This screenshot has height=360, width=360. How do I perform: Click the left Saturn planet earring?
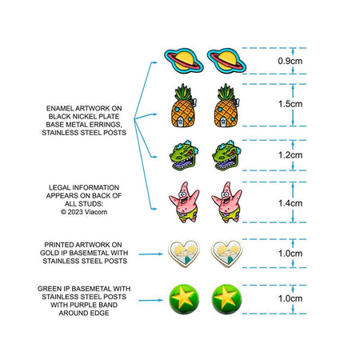click(184, 60)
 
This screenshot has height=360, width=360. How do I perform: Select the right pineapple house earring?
click(227, 106)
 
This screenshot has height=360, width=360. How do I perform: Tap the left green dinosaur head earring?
click(184, 155)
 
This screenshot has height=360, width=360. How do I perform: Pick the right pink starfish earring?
click(226, 202)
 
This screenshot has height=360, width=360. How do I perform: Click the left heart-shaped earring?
click(184, 254)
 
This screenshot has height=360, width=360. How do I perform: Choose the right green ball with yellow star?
click(226, 299)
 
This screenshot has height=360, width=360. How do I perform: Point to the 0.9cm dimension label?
click(290, 61)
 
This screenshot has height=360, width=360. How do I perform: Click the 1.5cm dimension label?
click(290, 104)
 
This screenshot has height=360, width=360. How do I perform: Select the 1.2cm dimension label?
click(290, 155)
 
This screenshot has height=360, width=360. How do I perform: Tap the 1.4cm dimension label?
click(290, 203)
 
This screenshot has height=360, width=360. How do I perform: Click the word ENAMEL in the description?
click(59, 109)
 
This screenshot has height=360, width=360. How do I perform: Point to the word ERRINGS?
click(108, 125)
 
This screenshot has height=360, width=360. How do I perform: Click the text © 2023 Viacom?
click(84, 212)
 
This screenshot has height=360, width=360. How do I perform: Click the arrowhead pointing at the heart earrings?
click(161, 254)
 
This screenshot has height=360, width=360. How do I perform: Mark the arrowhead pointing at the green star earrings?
click(161, 300)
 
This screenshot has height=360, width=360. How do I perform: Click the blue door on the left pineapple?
click(180, 122)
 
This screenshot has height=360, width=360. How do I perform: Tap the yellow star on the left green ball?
click(182, 297)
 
